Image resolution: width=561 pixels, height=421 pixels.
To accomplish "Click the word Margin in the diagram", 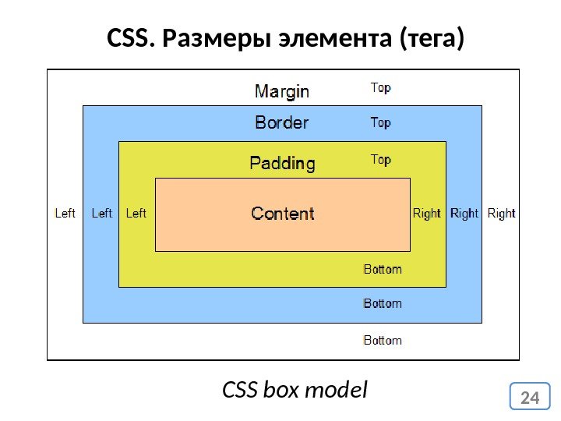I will [282, 92].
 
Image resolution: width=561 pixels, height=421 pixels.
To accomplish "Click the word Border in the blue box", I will [282, 123].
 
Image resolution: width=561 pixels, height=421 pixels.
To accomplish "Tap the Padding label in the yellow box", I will [282, 164].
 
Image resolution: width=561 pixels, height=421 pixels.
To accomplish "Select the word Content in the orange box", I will [282, 214].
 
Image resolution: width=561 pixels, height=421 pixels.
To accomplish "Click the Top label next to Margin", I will [380, 88].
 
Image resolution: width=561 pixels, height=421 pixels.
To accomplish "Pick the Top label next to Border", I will [380, 122].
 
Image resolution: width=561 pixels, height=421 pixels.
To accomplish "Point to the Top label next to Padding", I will [380, 160].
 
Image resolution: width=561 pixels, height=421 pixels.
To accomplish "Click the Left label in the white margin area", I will [65, 213].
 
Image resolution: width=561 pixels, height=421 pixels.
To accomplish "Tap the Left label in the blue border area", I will [102, 213].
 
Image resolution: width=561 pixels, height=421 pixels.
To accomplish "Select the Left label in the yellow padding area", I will [136, 213].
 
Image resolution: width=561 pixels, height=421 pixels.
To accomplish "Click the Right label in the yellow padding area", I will [426, 214].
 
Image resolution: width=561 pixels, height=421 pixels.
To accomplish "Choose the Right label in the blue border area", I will [464, 214].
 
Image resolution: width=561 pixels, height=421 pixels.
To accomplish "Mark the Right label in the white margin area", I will [502, 214].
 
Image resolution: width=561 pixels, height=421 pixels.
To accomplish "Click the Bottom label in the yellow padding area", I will [383, 270].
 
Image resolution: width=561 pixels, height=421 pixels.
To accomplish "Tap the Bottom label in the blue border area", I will [383, 303].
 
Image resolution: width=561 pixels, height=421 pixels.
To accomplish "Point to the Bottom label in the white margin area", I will [383, 341].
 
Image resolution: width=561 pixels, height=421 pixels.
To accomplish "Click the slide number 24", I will [530, 398].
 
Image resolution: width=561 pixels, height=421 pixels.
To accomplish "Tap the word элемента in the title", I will [331, 37].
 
